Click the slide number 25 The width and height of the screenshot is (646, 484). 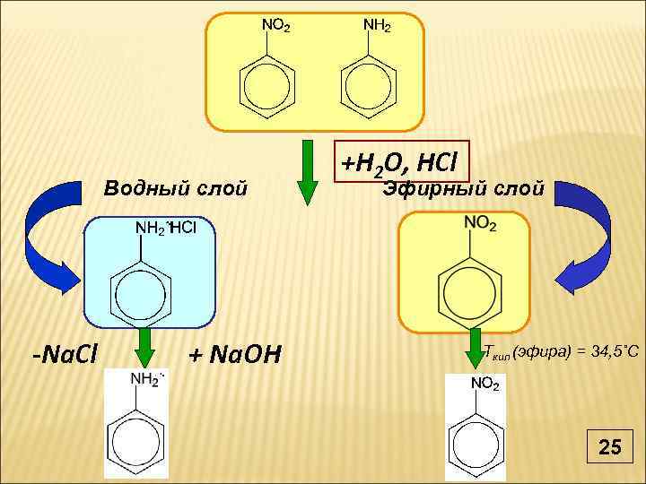pyautogui.click(x=609, y=445)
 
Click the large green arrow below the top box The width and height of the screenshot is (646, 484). pyautogui.click(x=308, y=172)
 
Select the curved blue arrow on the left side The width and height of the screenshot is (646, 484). pyautogui.click(x=50, y=235)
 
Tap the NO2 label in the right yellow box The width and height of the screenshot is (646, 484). pyautogui.click(x=481, y=224)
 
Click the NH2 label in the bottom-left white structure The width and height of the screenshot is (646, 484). pyautogui.click(x=147, y=380)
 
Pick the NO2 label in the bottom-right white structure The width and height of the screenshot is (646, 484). pyautogui.click(x=484, y=384)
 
